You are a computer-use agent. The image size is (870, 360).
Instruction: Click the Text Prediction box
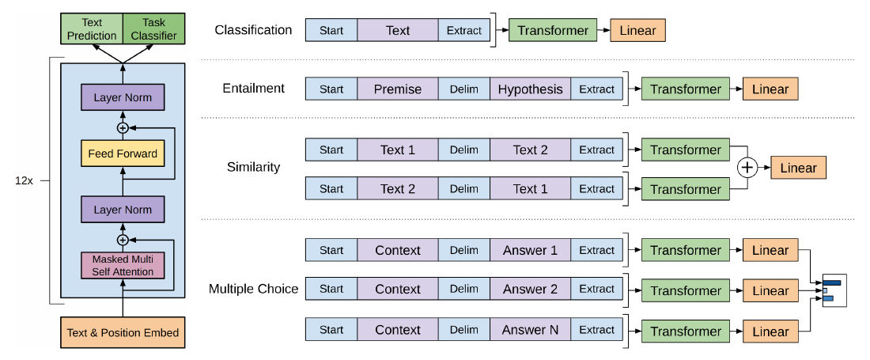[92, 30]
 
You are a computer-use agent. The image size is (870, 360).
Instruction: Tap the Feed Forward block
[123, 153]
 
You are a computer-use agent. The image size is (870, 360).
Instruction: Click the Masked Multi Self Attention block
[123, 265]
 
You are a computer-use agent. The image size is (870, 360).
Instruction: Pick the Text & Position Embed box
[123, 333]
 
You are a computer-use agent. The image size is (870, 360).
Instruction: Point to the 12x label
[25, 181]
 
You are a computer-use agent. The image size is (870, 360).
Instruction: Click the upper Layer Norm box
[123, 97]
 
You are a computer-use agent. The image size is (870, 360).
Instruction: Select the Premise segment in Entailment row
[397, 89]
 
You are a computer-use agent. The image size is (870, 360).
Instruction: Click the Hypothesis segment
[530, 89]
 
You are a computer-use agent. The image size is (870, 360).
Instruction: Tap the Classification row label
[253, 29]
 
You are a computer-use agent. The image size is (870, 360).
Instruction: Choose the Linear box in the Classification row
[637, 31]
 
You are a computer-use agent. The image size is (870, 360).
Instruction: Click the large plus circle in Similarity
[748, 168]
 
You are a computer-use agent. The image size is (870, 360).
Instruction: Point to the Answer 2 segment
[530, 289]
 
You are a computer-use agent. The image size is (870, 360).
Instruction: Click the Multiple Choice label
[254, 289]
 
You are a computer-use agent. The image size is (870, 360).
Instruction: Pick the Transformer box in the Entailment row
[686, 89]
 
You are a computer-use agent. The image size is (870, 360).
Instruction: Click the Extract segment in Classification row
[464, 31]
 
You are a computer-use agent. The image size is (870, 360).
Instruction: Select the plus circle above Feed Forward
[123, 127]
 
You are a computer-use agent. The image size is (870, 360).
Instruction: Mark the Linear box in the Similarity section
[798, 168]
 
